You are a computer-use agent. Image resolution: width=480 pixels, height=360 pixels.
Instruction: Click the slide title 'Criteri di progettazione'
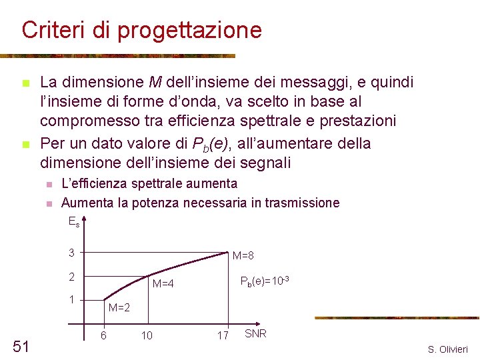[141, 30]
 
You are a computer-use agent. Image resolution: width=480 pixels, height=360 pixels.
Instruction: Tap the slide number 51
[21, 345]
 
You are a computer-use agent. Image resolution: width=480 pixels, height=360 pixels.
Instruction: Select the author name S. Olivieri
[448, 349]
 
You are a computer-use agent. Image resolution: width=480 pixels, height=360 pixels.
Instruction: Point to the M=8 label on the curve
[243, 256]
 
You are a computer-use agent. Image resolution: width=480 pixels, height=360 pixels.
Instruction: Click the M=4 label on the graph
[163, 284]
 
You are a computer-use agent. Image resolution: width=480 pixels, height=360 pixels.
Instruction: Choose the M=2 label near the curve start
[119, 308]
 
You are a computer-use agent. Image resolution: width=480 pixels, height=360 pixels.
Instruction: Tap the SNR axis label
[255, 333]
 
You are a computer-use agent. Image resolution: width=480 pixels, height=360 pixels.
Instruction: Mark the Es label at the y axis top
[74, 222]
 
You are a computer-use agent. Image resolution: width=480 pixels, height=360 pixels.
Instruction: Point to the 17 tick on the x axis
[223, 335]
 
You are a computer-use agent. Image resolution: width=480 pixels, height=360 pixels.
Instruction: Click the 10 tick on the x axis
[146, 335]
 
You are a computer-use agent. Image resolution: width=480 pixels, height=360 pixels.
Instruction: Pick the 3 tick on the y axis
[71, 253]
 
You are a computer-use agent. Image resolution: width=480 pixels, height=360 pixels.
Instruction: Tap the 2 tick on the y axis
[71, 276]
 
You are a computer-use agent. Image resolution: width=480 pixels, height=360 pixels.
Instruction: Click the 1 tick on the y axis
[71, 299]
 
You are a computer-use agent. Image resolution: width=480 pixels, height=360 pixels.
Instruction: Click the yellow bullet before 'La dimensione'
[25, 83]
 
